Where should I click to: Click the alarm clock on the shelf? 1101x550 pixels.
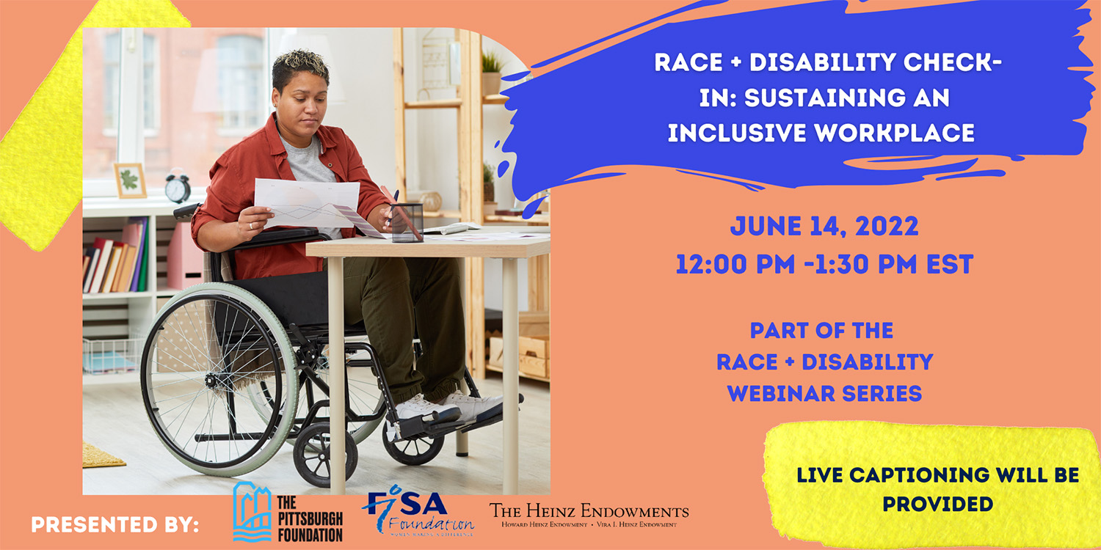[177, 188]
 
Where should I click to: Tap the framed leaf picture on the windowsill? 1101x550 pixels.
[130, 180]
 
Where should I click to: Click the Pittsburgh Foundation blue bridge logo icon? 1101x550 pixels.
[252, 512]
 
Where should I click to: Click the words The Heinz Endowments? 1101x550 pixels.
[589, 510]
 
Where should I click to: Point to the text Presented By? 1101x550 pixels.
[115, 525]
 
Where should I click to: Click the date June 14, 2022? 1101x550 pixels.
[824, 227]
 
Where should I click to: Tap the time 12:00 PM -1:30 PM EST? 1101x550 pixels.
[824, 265]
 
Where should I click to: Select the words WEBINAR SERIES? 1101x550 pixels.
[824, 392]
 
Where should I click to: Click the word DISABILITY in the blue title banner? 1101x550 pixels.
[832, 63]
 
